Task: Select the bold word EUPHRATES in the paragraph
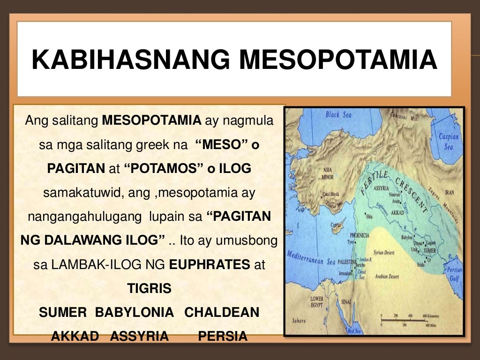click(x=210, y=264)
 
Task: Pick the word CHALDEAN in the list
click(x=222, y=313)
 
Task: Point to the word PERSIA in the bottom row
click(x=223, y=337)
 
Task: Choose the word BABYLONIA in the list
click(x=135, y=313)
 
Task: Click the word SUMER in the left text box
click(x=63, y=313)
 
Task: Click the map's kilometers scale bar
click(x=402, y=318)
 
